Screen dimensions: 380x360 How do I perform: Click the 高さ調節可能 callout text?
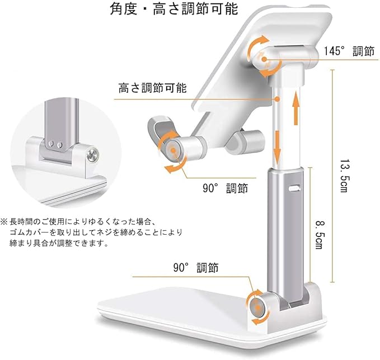point(152,88)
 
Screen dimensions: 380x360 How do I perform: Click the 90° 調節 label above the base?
point(196,269)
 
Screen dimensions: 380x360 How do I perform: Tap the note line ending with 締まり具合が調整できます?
point(58,243)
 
